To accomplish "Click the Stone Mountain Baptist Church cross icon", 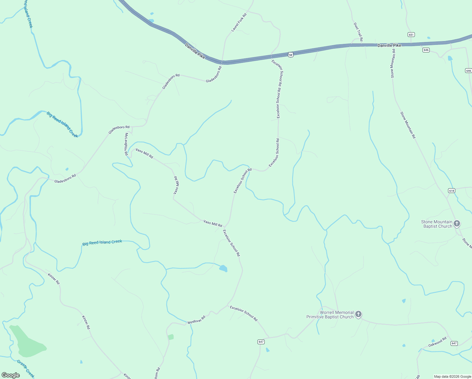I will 457,224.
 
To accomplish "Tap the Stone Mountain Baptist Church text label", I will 437,224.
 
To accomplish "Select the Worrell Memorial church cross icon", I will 358,314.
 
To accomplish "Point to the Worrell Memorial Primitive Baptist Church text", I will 330,315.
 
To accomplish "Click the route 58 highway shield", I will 291,55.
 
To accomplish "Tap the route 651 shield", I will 411,34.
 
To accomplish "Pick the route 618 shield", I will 451,190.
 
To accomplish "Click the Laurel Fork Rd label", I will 239,22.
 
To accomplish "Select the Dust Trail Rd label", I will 358,32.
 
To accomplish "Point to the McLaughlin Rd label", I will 126,144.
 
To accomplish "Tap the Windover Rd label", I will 196,320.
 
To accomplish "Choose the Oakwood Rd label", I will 437,342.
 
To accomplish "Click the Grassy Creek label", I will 26,369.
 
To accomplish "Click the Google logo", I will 11,375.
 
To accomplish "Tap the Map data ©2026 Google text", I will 452,376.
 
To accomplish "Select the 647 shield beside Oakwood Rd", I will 454,343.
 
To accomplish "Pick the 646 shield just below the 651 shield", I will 426,50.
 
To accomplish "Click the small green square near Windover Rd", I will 171,337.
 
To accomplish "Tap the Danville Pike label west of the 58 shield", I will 195,51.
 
